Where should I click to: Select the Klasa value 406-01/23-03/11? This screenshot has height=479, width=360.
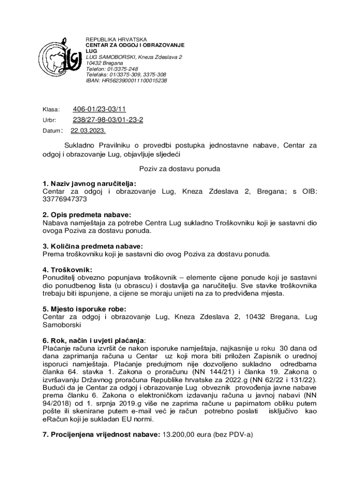[99, 109]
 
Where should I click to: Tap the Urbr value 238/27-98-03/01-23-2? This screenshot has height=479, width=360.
[108, 120]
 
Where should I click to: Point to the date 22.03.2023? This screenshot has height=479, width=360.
[88, 131]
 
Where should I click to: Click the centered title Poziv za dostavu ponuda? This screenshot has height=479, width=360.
[179, 168]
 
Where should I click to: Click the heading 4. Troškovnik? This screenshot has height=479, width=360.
[67, 270]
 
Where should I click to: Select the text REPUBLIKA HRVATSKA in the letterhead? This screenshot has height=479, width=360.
[116, 39]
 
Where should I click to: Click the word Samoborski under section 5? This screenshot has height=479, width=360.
[62, 325]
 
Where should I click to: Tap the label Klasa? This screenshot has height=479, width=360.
[51, 109]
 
